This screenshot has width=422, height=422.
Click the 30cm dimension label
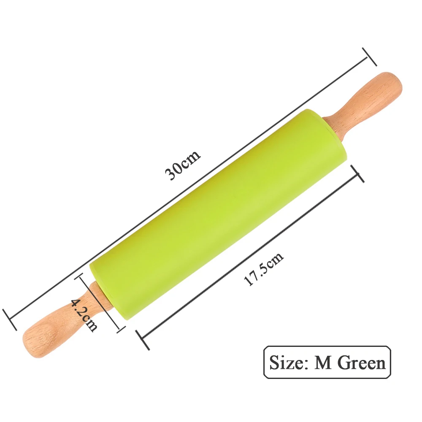183,165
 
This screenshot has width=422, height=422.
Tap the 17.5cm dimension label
263,269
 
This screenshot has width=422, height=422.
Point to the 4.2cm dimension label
84,315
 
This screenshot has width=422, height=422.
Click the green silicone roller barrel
218,214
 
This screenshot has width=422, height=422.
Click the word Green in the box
361,363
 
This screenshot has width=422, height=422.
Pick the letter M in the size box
323,363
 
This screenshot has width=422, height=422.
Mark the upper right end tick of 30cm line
370,57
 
